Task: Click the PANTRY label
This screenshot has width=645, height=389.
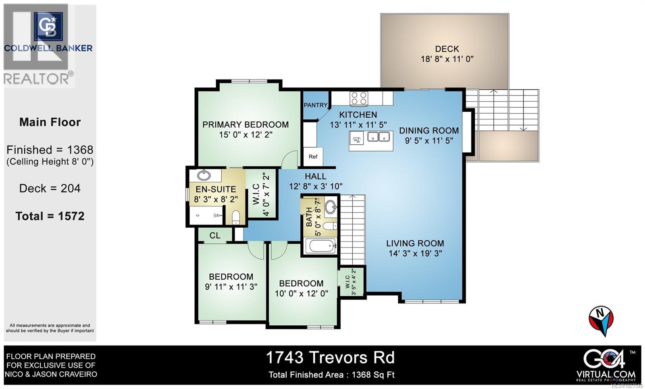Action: click(315, 105)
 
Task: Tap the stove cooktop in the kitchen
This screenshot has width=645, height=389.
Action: click(359, 98)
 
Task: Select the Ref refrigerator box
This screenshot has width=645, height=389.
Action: click(313, 157)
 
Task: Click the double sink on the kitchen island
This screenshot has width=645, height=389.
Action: click(379, 137)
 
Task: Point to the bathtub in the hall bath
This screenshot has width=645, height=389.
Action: click(320, 245)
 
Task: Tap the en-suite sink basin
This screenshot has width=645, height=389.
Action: click(204, 175)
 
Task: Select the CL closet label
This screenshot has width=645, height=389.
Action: click(215, 235)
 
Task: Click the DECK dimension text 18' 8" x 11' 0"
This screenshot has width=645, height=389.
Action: click(447, 59)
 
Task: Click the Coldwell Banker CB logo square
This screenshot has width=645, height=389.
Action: click(48, 27)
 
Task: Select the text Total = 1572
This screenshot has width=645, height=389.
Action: click(50, 216)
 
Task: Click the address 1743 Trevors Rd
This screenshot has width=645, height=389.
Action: click(330, 358)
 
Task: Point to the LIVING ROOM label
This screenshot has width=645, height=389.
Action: click(415, 243)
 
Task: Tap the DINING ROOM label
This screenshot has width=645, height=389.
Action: click(429, 131)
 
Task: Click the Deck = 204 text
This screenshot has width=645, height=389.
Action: click(50, 188)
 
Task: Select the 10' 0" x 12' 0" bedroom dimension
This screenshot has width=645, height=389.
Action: click(301, 293)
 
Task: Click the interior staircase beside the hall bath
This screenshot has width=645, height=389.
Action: click(353, 228)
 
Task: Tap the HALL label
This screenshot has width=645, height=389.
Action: click(315, 176)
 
